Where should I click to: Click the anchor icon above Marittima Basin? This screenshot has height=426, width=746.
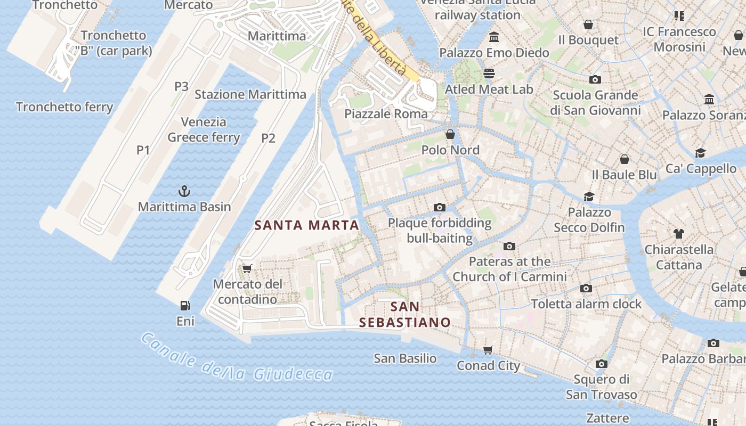click(x=184, y=191)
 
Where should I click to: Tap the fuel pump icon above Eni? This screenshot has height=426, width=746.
click(x=185, y=306)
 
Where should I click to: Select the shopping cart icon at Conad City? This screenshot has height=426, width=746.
click(x=488, y=350)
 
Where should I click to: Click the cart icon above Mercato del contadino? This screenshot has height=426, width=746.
click(x=247, y=268)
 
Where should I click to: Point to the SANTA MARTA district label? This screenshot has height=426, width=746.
click(x=307, y=225)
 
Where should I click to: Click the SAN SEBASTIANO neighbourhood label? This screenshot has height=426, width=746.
click(x=405, y=315)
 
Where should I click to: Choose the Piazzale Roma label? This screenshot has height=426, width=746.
click(x=386, y=114)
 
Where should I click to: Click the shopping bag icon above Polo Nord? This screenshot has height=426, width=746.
click(x=450, y=134)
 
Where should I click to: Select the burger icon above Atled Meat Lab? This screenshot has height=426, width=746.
click(x=489, y=73)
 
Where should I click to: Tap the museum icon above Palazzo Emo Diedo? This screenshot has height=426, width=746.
click(x=494, y=37)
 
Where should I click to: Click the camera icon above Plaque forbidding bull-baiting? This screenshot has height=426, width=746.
click(x=440, y=207)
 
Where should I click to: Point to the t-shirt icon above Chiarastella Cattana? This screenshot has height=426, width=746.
click(x=679, y=233)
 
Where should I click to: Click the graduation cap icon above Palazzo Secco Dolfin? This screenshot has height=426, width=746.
click(x=589, y=196)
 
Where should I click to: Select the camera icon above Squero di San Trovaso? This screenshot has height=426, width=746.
click(x=602, y=364)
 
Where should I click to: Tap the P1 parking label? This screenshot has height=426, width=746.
click(x=143, y=150)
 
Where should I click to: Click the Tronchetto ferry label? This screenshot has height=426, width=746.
click(x=64, y=107)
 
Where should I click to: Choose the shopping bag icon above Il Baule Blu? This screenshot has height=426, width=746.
click(x=625, y=159)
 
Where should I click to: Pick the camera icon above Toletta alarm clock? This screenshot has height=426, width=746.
click(x=586, y=288)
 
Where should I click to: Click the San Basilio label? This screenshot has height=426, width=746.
click(x=405, y=358)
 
